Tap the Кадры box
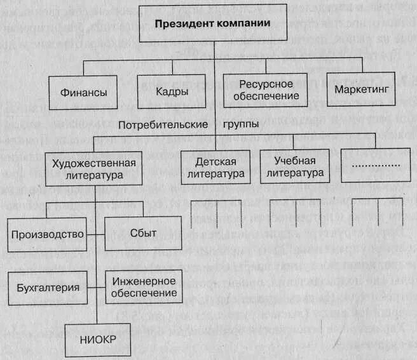[x=172, y=91]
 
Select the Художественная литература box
[x=91, y=168]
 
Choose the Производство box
[x=48, y=234]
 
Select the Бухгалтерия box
[x=48, y=287]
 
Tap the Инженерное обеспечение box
[x=145, y=287]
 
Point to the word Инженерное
[x=145, y=281]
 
